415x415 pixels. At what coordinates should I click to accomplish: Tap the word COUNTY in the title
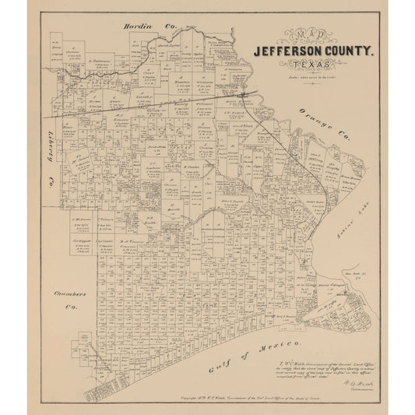pos(350,53)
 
